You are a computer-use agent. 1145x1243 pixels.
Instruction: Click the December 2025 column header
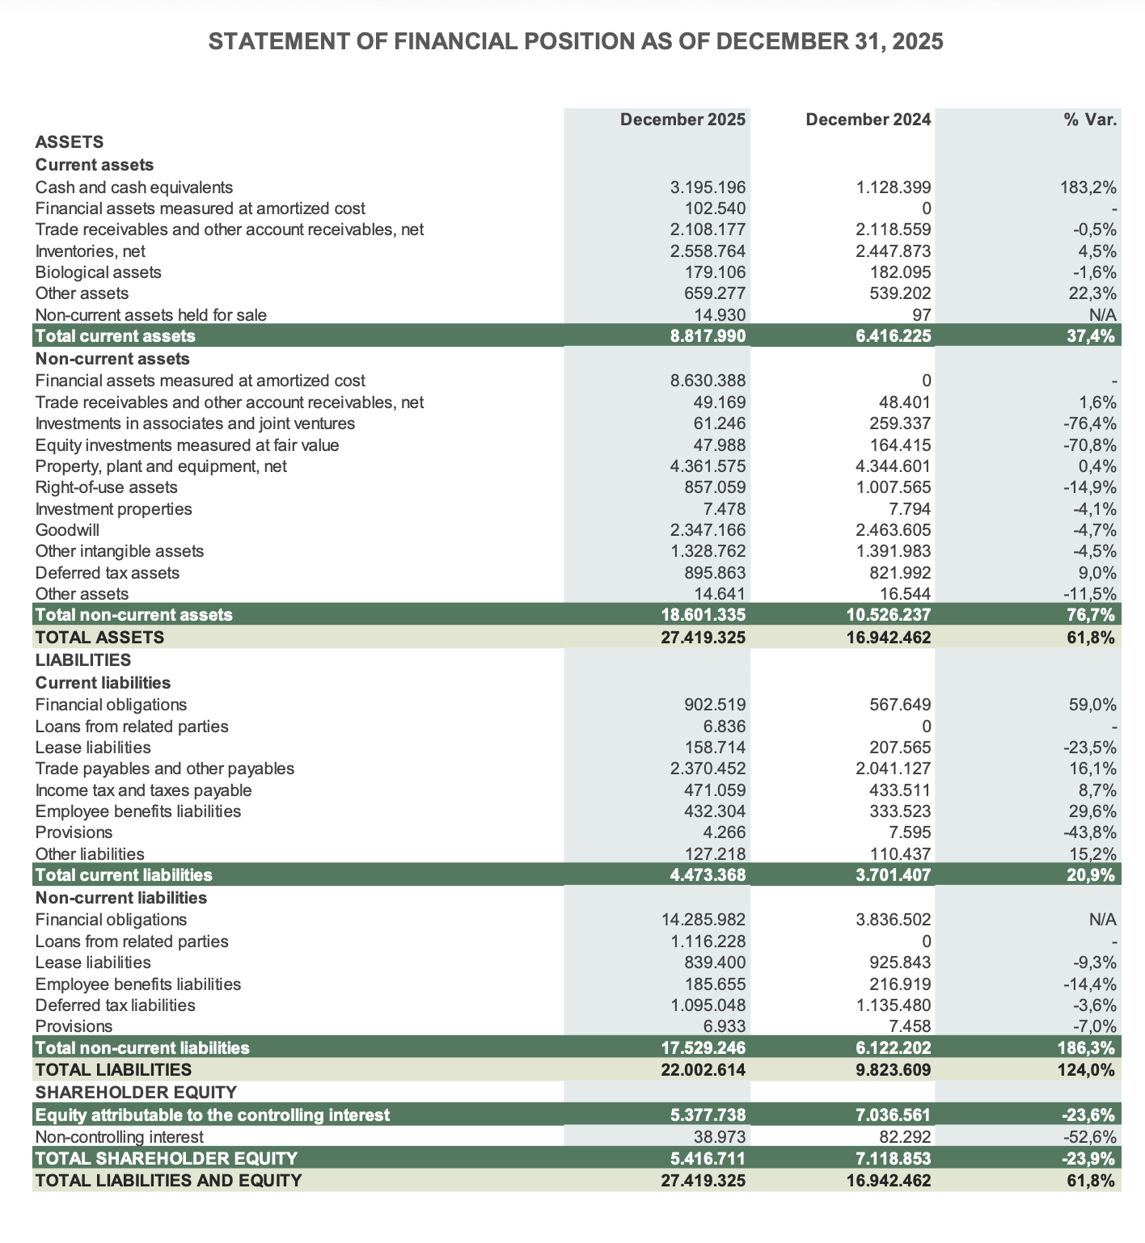click(682, 120)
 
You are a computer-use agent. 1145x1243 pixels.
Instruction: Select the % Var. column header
click(1090, 120)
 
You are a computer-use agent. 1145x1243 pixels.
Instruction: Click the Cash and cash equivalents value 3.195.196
click(708, 188)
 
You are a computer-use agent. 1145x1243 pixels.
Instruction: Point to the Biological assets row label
click(98, 272)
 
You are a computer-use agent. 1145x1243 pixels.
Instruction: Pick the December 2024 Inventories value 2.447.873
click(893, 251)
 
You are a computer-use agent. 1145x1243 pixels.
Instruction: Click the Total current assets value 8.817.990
click(708, 336)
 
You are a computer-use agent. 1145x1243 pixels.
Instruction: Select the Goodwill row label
click(67, 530)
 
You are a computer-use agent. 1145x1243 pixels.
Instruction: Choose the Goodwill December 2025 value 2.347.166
click(708, 530)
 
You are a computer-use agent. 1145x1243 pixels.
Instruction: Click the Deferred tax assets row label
click(107, 573)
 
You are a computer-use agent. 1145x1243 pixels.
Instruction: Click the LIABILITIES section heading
click(82, 660)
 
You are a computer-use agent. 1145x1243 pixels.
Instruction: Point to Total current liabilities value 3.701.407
click(893, 875)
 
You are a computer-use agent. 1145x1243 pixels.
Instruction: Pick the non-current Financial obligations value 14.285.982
click(703, 920)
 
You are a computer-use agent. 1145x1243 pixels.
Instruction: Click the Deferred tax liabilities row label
click(115, 1005)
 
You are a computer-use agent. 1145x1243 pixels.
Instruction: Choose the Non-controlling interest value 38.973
click(719, 1137)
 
